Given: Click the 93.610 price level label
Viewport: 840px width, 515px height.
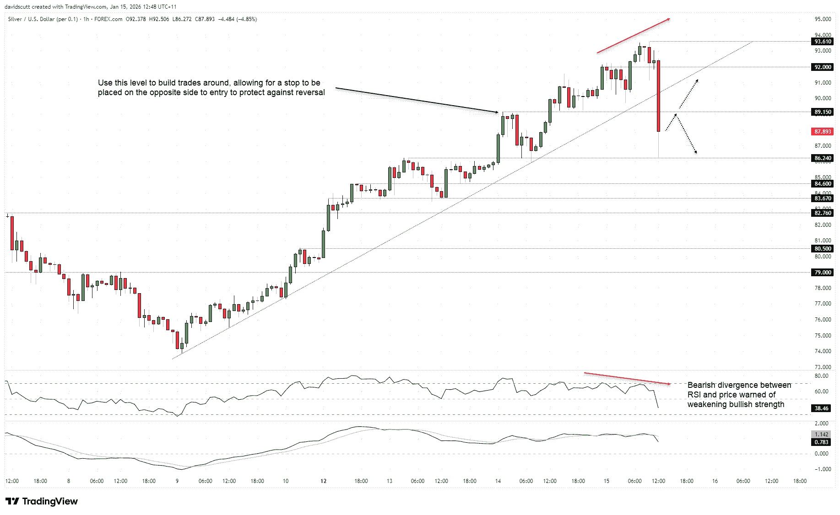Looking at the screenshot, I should tap(823, 42).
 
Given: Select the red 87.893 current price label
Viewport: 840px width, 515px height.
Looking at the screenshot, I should tap(823, 132).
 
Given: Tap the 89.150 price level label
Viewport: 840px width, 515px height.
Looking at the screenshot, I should tap(823, 112).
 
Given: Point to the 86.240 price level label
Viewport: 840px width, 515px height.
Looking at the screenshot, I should tap(823, 158).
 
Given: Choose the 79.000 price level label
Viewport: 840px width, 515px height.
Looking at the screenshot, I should tap(823, 273).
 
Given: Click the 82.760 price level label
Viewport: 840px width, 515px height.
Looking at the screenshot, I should tap(823, 213).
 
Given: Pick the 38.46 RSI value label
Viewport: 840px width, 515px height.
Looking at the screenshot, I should tap(822, 408).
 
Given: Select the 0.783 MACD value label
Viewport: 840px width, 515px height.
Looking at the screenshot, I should tap(822, 442).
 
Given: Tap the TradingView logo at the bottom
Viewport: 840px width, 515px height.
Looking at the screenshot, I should tap(42, 501).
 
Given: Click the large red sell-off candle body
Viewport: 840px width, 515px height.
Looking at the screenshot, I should tap(658, 96).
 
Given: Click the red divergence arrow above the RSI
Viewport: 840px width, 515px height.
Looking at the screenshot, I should tap(627, 378).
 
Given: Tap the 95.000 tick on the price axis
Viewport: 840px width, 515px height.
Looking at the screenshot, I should tap(823, 19).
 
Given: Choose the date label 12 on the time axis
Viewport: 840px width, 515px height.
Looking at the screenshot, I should tap(324, 481).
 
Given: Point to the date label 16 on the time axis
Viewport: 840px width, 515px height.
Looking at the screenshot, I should tap(715, 481).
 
